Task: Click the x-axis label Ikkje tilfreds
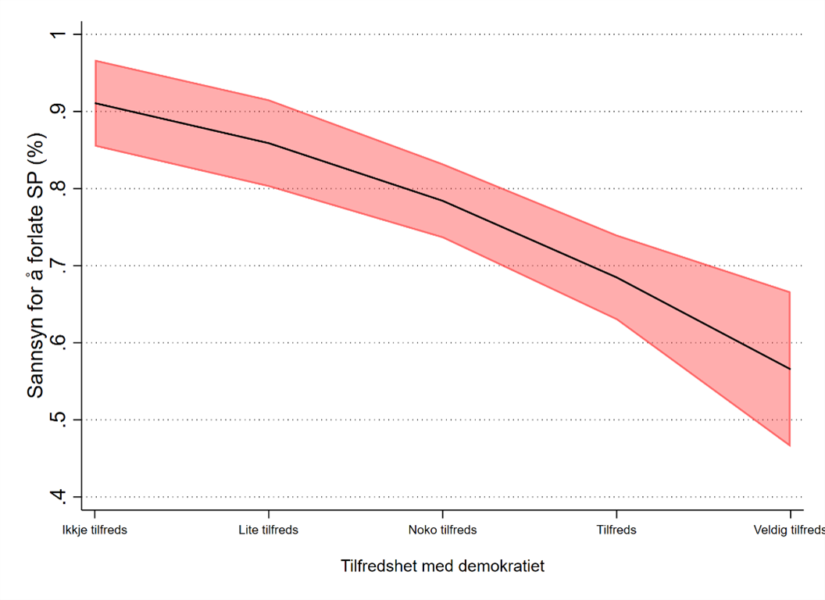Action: pyautogui.click(x=95, y=530)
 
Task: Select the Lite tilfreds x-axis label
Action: pyautogui.click(x=269, y=530)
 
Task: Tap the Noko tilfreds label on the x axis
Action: pyautogui.click(x=442, y=530)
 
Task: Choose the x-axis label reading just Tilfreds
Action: pyautogui.click(x=616, y=530)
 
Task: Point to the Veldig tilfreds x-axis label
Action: pyautogui.click(x=789, y=530)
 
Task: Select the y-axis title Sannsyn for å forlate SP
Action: pyautogui.click(x=36, y=266)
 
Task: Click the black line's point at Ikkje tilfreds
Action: pyautogui.click(x=95, y=103)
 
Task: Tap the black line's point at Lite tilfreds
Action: pyautogui.click(x=269, y=143)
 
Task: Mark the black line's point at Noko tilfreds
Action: pyautogui.click(x=443, y=201)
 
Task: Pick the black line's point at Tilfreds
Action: pyautogui.click(x=616, y=277)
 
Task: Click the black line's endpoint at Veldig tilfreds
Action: pyautogui.click(x=790, y=369)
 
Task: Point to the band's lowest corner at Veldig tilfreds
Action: pyautogui.click(x=790, y=445)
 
